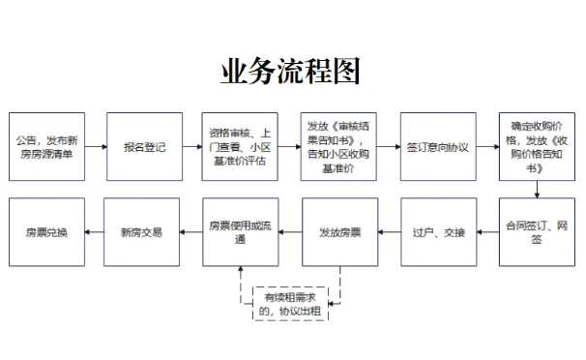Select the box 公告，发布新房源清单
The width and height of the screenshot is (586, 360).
(x=46, y=147)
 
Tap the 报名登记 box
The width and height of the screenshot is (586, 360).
(x=144, y=147)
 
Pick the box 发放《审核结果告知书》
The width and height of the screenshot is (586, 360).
(x=339, y=147)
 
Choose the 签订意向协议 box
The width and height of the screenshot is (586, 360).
(x=438, y=147)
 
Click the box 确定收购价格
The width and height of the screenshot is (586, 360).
(x=537, y=147)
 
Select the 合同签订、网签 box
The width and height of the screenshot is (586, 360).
(x=537, y=232)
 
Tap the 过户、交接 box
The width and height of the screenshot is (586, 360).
(x=438, y=232)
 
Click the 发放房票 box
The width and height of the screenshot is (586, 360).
(x=339, y=232)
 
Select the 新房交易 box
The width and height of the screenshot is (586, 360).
(x=144, y=232)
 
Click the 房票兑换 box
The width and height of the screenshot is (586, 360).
(x=46, y=232)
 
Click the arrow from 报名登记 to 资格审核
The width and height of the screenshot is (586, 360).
(x=192, y=147)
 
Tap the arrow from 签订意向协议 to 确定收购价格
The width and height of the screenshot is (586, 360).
(x=487, y=147)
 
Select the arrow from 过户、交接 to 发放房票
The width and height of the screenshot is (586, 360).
(x=389, y=232)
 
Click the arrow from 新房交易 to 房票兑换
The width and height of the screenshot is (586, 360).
(x=95, y=232)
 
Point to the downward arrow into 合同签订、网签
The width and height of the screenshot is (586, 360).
(x=537, y=190)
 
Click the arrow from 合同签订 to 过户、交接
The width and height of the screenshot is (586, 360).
(x=487, y=232)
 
